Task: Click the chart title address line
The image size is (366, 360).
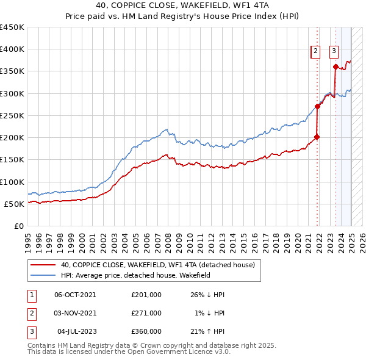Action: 182,5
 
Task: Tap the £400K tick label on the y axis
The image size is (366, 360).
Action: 12,49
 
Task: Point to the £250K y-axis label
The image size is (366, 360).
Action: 12,115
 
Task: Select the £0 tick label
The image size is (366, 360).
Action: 19,226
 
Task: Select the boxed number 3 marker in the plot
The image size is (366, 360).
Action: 334,52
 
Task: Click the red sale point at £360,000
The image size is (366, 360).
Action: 336,67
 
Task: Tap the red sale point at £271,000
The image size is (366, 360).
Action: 318,106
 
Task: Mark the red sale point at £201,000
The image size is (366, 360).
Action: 317,137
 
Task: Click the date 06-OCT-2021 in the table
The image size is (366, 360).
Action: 75,295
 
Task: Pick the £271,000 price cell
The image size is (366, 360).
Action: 146,313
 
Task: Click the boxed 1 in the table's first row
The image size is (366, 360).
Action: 31,295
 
